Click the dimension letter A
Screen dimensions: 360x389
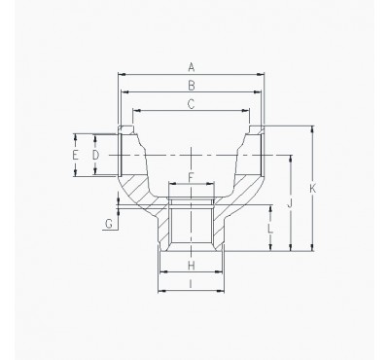192,66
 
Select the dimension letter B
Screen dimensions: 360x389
192,86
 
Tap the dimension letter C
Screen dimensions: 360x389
192,102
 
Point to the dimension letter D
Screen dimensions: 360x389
95,155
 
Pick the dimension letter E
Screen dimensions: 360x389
75,155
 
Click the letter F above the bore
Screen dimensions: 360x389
191,175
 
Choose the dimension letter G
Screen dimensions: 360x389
109,224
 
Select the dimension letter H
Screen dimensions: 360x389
192,265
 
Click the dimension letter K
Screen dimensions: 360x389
312,188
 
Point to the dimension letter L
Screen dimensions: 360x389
270,229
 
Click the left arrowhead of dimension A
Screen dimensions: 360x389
120,73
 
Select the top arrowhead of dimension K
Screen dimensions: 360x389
311,127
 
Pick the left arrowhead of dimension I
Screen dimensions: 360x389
160,290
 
